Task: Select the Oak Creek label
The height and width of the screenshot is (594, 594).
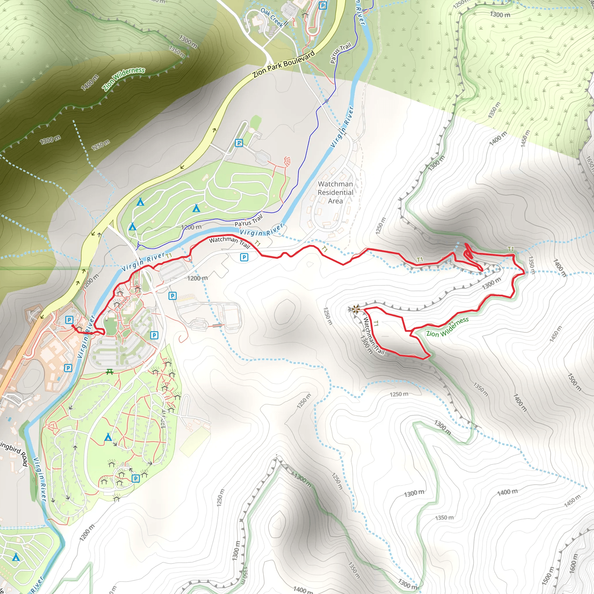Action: click(272, 17)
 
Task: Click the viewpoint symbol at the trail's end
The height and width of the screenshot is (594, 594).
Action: click(356, 309)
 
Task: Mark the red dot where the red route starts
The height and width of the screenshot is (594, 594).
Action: click(73, 326)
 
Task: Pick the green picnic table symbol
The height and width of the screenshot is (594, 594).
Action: click(110, 372)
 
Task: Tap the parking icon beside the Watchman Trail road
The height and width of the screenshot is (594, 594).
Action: click(244, 257)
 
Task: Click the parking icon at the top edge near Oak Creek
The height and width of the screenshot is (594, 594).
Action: click(323, 6)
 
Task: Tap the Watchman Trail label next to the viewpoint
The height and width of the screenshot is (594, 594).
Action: click(374, 336)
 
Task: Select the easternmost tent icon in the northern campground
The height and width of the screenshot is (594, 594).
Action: click(196, 209)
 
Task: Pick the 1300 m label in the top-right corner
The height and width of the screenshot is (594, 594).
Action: click(500, 15)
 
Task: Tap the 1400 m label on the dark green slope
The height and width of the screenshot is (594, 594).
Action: click(90, 82)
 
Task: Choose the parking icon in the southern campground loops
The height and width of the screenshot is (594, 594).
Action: click(135, 478)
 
